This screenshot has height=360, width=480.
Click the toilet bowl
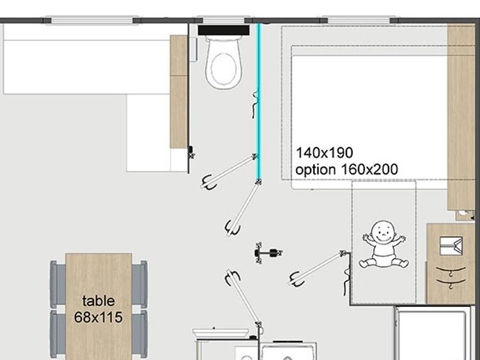(x=224, y=63)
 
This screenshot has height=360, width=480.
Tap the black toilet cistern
(x=223, y=30)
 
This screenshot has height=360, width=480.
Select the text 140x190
(x=324, y=153)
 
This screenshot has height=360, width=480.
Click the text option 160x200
(x=347, y=170)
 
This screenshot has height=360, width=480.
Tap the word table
(x=99, y=301)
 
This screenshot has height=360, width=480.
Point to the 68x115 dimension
(x=98, y=317)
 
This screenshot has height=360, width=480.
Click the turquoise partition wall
(x=259, y=101)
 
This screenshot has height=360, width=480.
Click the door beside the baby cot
(x=317, y=268)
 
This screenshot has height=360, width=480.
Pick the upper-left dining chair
(x=58, y=284)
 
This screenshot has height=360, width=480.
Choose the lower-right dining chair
(x=140, y=334)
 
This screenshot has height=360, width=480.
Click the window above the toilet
(x=224, y=20)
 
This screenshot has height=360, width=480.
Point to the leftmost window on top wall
(x=92, y=20)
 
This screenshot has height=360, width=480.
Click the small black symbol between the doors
(x=268, y=253)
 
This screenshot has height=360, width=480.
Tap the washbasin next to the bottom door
(x=221, y=333)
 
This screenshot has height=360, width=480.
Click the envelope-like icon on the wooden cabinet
(x=451, y=245)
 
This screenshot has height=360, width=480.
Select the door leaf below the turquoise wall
(x=244, y=207)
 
